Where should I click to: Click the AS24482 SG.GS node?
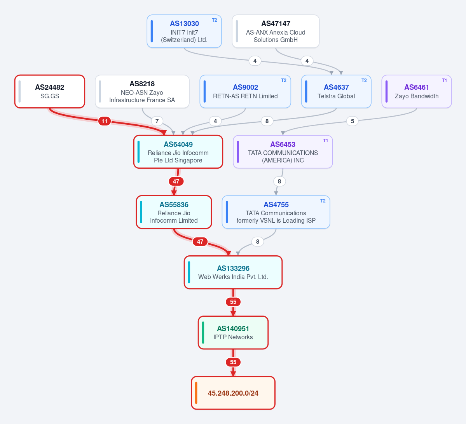pos(50,91)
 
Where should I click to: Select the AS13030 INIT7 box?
pos(184,31)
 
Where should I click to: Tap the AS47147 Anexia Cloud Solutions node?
pos(276,31)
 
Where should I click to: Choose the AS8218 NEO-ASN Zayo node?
pos(142,91)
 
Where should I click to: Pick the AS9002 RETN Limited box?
pos(245,91)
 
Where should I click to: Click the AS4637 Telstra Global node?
pos(336,91)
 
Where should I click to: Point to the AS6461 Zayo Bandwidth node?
pos(416,91)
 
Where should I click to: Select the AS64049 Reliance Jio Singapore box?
pos(178,152)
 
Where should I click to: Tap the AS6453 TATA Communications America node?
pos(283,152)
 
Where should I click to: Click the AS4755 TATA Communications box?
pos(276,212)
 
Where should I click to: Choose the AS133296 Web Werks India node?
pos(233,272)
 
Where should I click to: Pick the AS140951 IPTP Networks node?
pos(233,333)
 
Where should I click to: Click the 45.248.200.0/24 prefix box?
pos(233,393)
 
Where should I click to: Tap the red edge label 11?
pos(105,121)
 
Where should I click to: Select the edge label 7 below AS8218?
pos(157,121)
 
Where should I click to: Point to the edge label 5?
pos(353,121)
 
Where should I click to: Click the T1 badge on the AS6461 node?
pos(444,80)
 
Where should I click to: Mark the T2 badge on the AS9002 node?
pos(283,80)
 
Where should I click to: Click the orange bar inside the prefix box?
pos(196,393)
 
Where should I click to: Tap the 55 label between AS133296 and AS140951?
pos(233,302)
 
